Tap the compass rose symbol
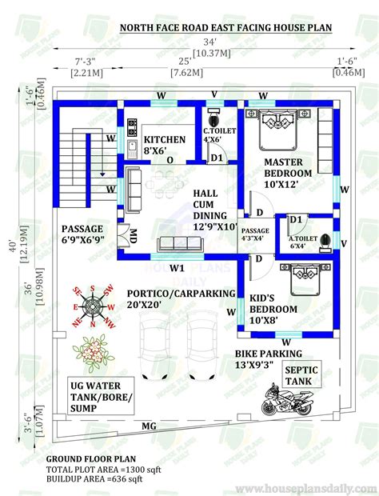(94, 306)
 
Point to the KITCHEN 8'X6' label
(165, 144)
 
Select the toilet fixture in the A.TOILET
(325, 241)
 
